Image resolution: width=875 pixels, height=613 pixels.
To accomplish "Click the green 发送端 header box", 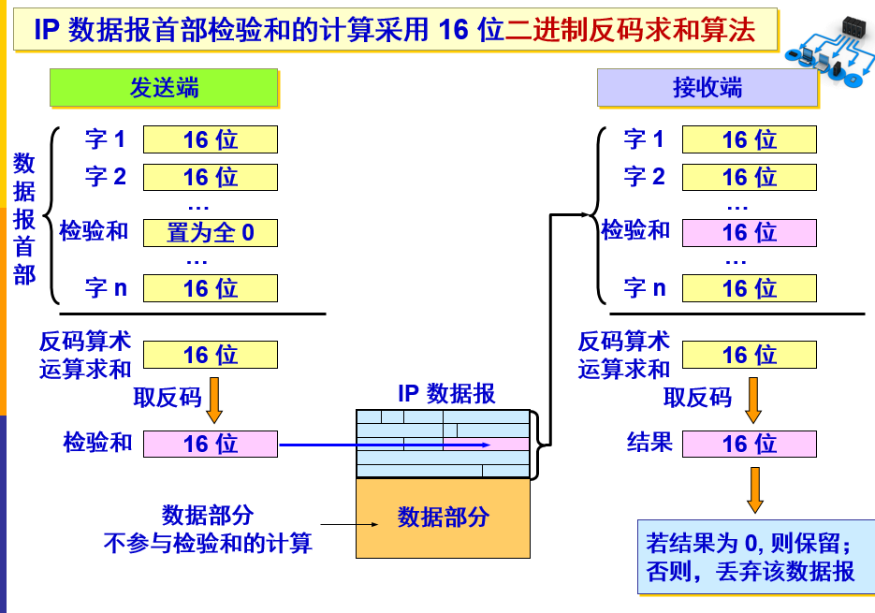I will pos(164,88).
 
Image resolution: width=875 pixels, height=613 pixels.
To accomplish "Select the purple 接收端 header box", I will pos(707,88).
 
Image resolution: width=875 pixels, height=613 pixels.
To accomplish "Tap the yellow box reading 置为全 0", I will pos(211,232).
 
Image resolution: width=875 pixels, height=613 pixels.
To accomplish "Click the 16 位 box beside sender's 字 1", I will pos(211,139).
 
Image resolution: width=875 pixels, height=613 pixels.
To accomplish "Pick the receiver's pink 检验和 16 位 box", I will pos(749,232).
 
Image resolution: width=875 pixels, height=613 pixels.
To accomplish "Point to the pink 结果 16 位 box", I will pos(749,444).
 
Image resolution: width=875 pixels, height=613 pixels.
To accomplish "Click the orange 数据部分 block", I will pos(443,518).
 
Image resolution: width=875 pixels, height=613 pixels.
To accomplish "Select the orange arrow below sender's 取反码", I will pos(214,399).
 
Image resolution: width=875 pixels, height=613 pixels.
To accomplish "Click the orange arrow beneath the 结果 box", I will pos(754,489).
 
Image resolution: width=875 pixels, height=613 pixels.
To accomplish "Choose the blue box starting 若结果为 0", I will pos(750,557).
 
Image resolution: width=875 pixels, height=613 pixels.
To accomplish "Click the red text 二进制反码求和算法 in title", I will pos(630,30).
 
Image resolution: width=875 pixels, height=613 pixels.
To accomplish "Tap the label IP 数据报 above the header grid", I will pos(443,393).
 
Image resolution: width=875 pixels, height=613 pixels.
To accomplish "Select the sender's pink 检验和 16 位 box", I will pos(211,444).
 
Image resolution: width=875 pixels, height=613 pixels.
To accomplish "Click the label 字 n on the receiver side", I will pos(645,287).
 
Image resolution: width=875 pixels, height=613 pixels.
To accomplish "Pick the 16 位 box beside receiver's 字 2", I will pos(749,177).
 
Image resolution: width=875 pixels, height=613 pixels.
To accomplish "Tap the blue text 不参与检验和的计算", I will pos(208,543).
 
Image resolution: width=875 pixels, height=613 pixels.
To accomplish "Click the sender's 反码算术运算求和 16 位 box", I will pos(211,355).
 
